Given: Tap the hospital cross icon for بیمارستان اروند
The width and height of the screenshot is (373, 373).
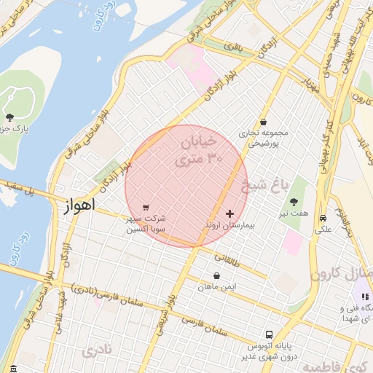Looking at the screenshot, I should [x=230, y=214].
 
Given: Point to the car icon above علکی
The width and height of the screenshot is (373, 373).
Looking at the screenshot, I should [x=322, y=218].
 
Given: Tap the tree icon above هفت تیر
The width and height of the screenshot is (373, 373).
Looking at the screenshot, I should [x=294, y=201].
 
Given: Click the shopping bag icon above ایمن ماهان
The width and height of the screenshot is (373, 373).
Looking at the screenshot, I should [x=217, y=276].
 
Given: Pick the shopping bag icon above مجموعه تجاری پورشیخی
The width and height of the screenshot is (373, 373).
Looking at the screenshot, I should [x=263, y=122].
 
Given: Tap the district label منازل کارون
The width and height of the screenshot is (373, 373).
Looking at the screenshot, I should [x=342, y=274].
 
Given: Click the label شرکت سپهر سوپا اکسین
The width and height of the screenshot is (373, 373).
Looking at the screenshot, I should [x=146, y=224].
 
